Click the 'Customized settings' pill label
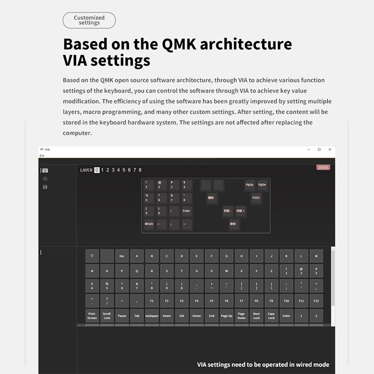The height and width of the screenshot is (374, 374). tap(89, 20)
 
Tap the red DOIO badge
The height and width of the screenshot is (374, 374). tap(323, 167)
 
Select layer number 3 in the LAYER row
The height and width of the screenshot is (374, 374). tap(113, 170)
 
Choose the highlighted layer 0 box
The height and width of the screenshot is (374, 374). tap(97, 170)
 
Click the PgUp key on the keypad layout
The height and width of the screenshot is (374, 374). tap(250, 185)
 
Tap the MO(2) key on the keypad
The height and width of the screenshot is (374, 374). tap(149, 224)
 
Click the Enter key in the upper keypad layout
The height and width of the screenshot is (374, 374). tap(187, 211)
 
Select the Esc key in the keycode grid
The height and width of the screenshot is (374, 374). tap(122, 256)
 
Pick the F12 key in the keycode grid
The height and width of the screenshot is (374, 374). tap(316, 301)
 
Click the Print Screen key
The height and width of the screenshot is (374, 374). tap(92, 316)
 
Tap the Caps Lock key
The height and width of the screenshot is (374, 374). tap(271, 316)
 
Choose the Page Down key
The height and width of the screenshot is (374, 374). tap(241, 316)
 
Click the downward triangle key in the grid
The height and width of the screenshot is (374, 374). tap(92, 256)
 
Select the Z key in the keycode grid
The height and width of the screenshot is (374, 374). tap(271, 271)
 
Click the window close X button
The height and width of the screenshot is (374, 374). tap(330, 150)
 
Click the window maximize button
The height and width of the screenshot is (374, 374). tap(319, 150)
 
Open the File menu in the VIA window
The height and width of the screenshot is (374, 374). tap(42, 156)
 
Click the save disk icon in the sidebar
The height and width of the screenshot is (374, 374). tap(45, 187)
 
